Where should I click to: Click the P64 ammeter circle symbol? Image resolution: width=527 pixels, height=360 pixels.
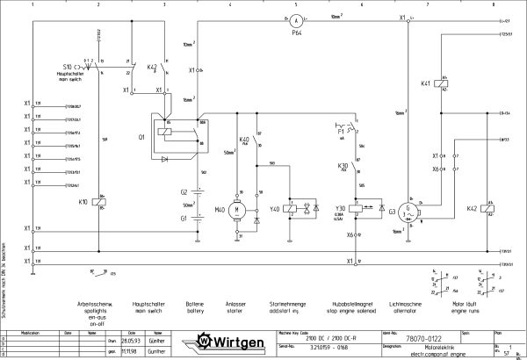tap(298, 18)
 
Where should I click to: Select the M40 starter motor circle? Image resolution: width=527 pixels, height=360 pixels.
tap(235, 210)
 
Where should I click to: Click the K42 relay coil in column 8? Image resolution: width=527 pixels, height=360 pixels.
tap(489, 209)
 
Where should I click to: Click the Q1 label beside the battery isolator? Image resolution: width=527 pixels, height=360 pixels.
tap(141, 138)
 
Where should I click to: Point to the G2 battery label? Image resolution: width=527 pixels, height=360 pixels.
tap(184, 191)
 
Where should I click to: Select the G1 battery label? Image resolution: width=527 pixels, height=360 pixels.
tap(184, 218)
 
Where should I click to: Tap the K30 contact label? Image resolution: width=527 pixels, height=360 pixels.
tap(343, 164)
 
